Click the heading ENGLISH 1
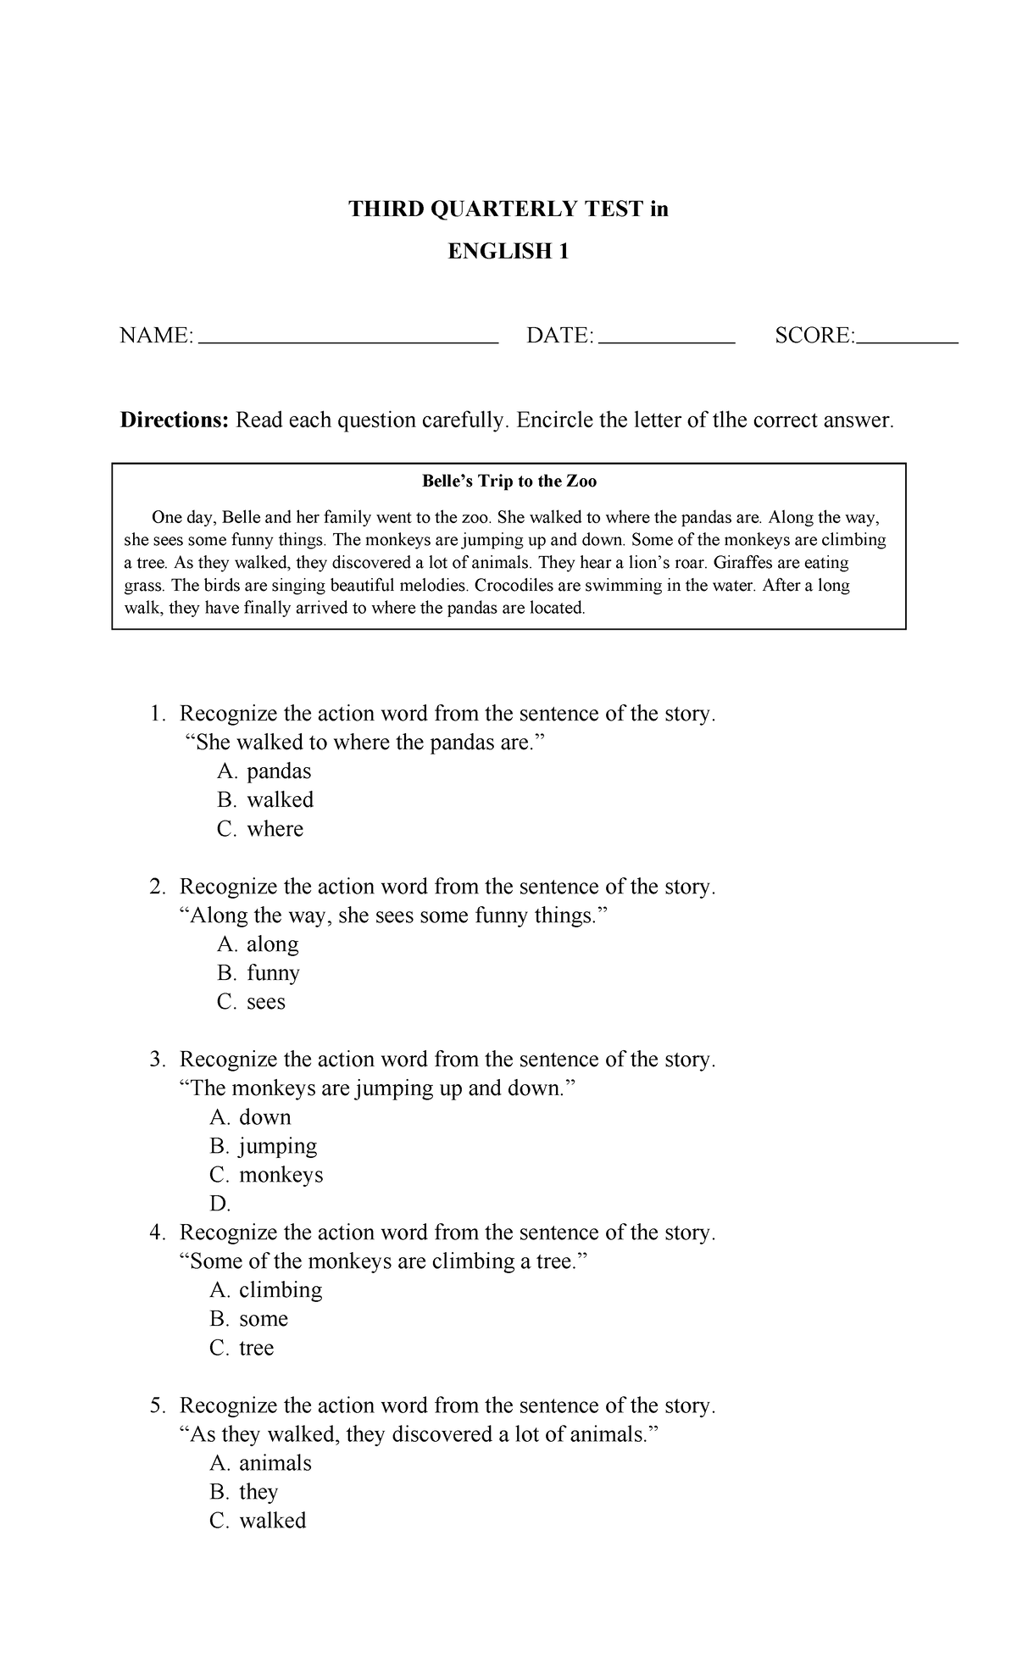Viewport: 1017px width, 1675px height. pos(508,251)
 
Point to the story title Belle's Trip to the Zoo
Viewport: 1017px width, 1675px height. pos(509,481)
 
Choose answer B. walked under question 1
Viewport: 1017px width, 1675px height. pos(265,799)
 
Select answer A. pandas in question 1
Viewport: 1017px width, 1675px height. pos(264,771)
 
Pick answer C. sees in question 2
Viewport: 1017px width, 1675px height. pos(252,1001)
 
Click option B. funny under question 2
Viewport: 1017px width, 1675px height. pos(258,972)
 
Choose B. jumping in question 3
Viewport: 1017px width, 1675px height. pos(264,1146)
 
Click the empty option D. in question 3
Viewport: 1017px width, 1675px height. pos(220,1204)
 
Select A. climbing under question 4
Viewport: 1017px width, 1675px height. pos(266,1289)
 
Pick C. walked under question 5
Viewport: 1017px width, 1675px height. pos(258,1520)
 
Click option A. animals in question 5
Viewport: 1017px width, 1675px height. pos(261,1462)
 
